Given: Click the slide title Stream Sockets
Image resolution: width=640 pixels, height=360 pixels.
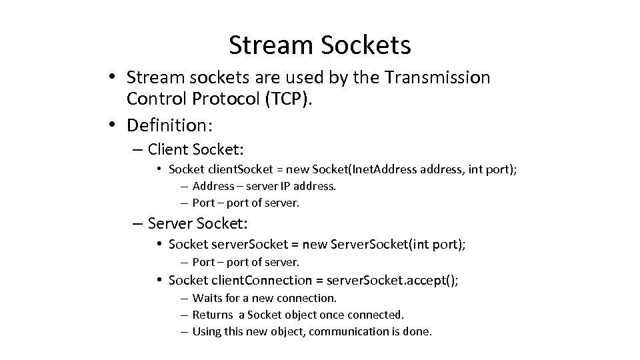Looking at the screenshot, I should pos(320,45).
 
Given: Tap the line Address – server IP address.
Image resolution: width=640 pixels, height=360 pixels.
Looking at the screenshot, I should pos(264,186).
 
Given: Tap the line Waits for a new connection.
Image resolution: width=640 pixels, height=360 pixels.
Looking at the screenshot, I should pos(264,297).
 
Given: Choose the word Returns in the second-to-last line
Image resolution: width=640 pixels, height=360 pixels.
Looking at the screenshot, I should pos(211,314).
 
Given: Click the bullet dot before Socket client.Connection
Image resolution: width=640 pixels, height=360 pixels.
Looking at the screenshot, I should pos(161,281).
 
